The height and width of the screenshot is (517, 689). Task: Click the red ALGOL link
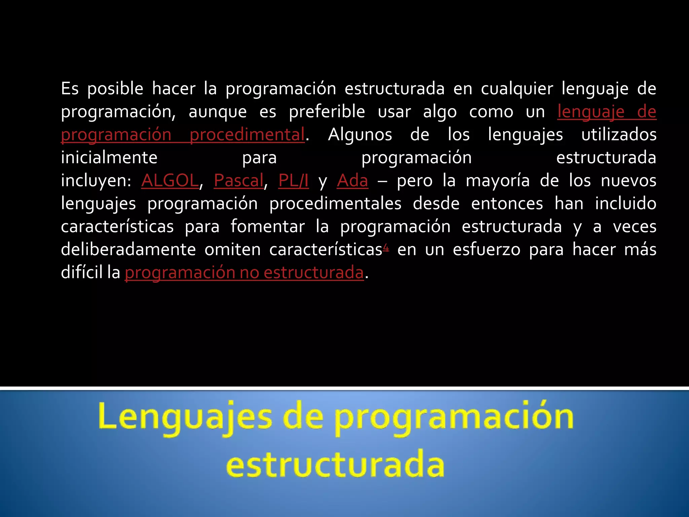[x=170, y=180]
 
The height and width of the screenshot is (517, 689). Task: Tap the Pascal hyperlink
[x=239, y=180]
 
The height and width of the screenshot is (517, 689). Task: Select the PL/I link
[x=293, y=180]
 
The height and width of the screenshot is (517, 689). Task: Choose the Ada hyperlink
[x=352, y=180]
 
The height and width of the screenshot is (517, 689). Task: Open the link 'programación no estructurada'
[x=244, y=272]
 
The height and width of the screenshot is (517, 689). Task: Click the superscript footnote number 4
[x=386, y=248]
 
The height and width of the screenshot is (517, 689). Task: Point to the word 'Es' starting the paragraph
[x=70, y=89]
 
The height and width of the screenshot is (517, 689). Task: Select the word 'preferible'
[x=327, y=112]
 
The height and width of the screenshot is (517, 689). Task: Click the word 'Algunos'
[x=360, y=135]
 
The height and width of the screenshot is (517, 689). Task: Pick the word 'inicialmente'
[x=109, y=158]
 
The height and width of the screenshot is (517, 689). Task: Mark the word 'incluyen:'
[x=96, y=181]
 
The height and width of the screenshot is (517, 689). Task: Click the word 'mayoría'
[x=498, y=181]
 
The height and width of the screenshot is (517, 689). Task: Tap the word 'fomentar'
[x=267, y=226]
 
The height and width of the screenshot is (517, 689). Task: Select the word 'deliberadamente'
[x=128, y=249]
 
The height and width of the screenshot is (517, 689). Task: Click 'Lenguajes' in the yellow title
[x=185, y=418]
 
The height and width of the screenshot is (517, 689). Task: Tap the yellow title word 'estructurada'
[x=335, y=465]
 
